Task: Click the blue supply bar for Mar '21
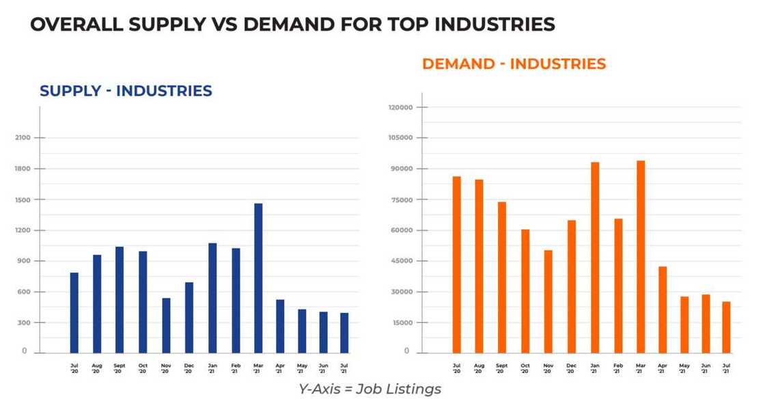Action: [x=258, y=277]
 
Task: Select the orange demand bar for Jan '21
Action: [x=595, y=257]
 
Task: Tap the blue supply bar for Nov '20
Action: [x=166, y=325]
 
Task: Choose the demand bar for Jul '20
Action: [x=457, y=264]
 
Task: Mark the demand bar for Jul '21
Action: [x=726, y=327]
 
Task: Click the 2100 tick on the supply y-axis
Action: [x=21, y=138]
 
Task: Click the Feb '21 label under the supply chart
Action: [x=236, y=369]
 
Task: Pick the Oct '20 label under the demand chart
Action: [x=525, y=369]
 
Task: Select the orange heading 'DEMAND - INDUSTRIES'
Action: [x=514, y=64]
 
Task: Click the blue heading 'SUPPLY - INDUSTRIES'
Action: [x=126, y=91]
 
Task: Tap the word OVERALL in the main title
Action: [x=74, y=25]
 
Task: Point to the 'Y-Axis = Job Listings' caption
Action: [x=370, y=389]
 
